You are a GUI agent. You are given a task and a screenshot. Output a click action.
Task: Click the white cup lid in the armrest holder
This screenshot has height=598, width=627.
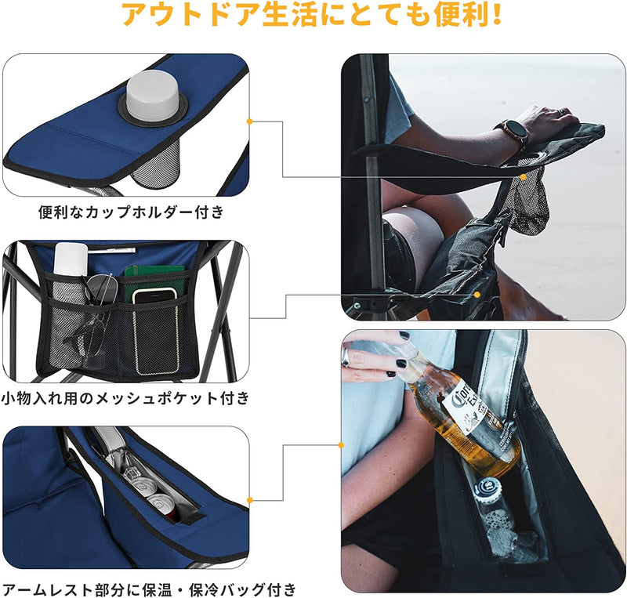152,95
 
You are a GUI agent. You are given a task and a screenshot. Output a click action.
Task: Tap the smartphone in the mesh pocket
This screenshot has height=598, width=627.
154,295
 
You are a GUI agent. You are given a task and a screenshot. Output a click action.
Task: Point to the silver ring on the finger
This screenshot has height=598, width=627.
346,357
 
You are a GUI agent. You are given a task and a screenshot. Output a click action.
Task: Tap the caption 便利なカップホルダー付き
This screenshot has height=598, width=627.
131,211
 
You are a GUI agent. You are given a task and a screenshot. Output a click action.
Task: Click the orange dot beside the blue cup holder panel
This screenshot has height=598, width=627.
249,121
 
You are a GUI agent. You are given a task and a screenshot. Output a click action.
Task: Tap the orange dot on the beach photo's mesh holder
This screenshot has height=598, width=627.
523,177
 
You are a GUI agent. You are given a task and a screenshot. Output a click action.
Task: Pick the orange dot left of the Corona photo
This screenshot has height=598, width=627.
342,445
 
